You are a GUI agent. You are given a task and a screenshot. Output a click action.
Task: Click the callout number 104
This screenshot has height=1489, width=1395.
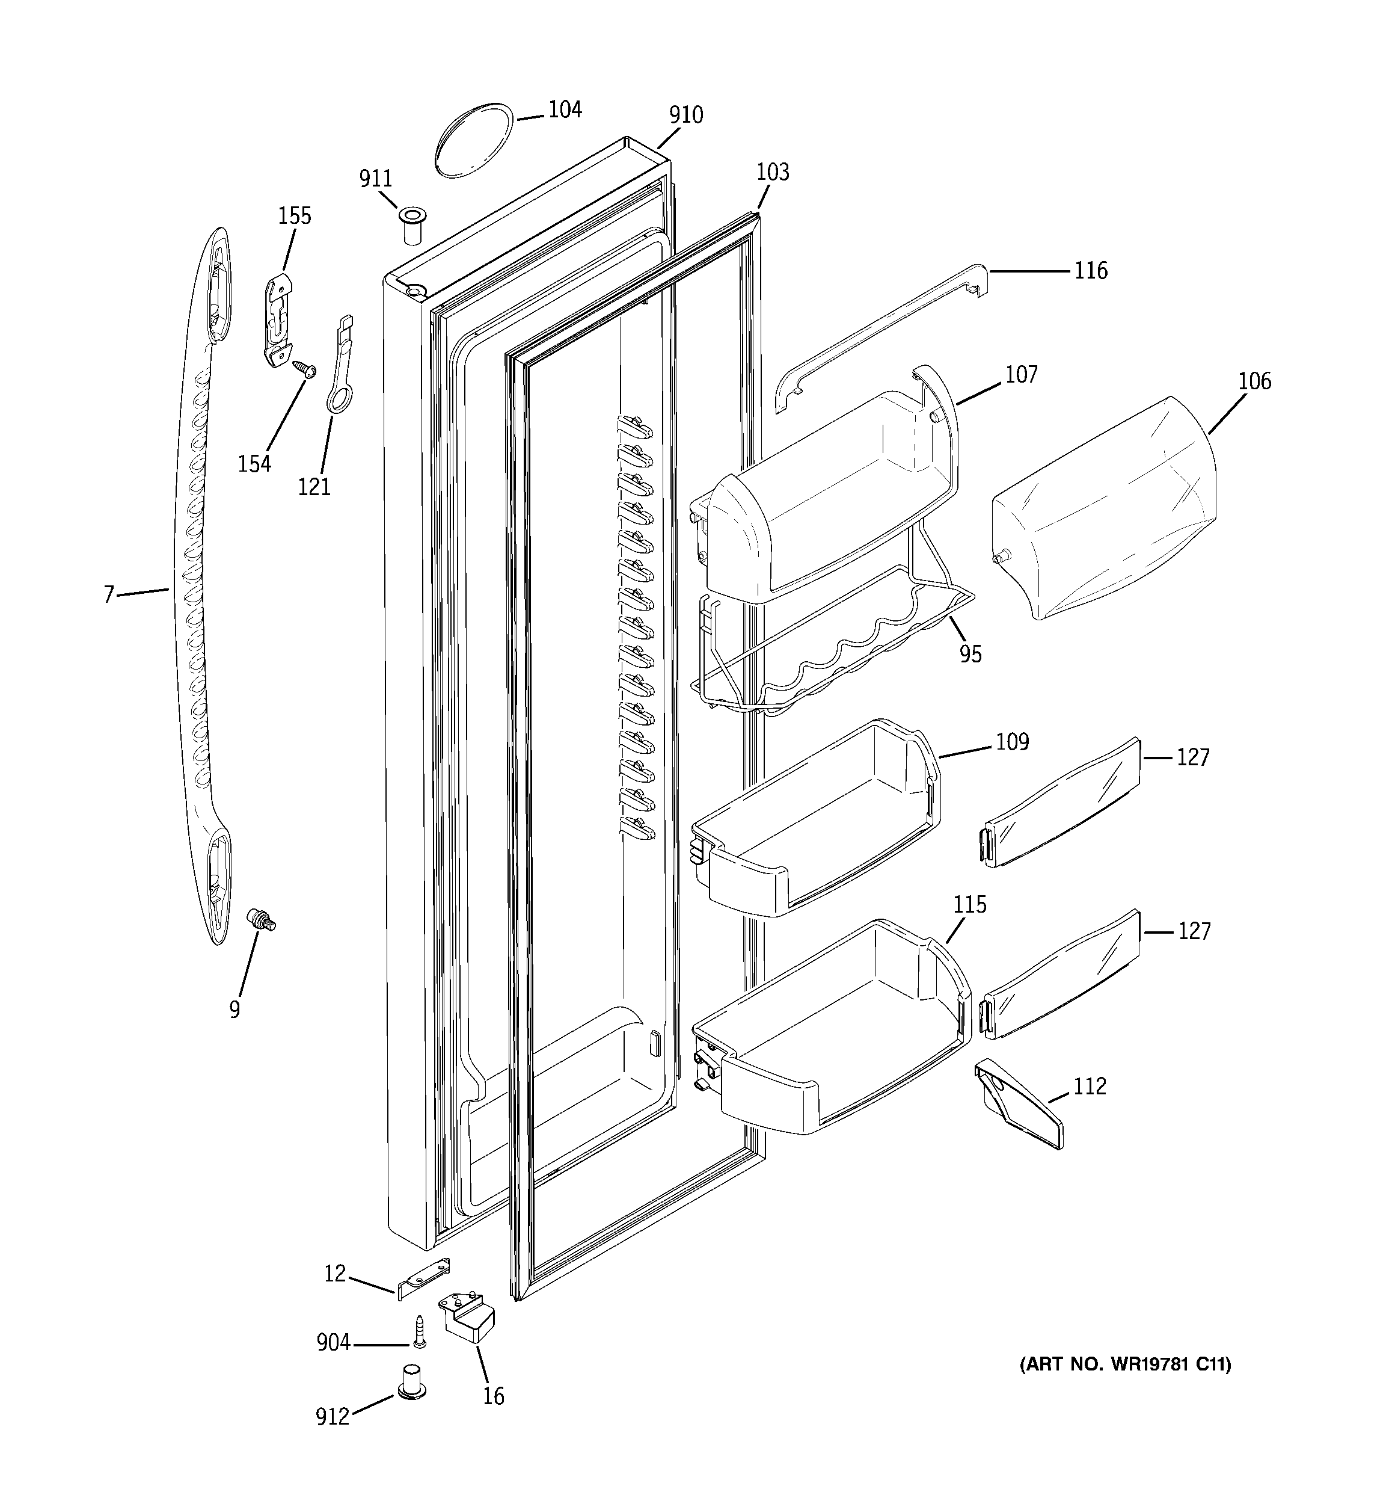coord(565,110)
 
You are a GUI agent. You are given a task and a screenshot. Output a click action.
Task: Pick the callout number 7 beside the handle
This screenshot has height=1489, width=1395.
coord(109,596)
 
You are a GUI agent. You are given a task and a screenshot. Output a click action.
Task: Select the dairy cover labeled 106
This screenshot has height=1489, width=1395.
coord(1101,510)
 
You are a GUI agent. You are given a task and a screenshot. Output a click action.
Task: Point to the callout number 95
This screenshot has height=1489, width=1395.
coord(970,654)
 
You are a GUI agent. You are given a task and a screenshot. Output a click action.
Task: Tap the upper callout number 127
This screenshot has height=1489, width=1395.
coord(1193,757)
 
